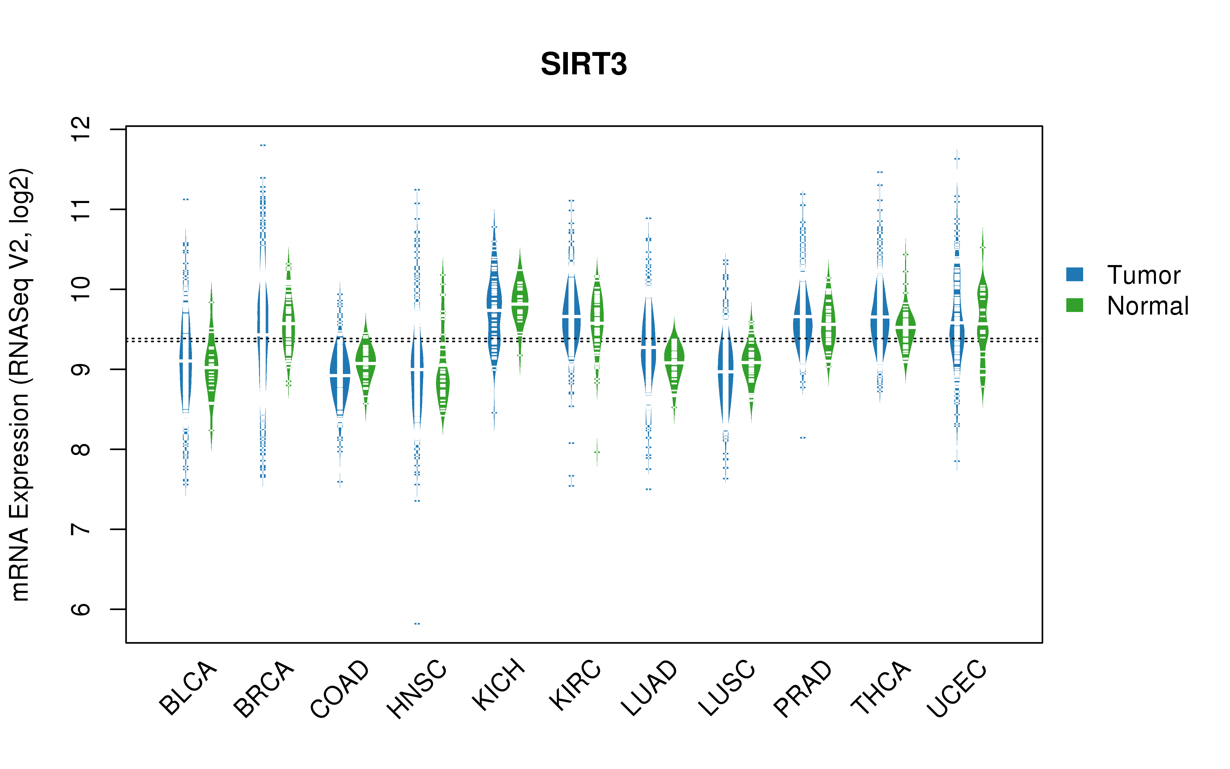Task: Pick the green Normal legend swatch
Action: pos(1074,305)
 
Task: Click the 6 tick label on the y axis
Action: pos(81,609)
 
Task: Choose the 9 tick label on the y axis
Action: pos(81,369)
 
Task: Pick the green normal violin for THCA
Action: pos(905,326)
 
